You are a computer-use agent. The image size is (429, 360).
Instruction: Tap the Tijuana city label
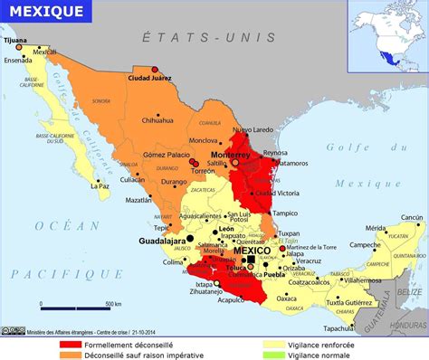point(14,41)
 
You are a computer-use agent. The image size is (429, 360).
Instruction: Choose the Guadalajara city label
point(162,242)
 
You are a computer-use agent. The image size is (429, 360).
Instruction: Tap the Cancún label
point(412,217)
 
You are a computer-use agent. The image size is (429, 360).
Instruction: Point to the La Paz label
point(100,186)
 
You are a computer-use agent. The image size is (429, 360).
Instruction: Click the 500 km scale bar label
point(113,304)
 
